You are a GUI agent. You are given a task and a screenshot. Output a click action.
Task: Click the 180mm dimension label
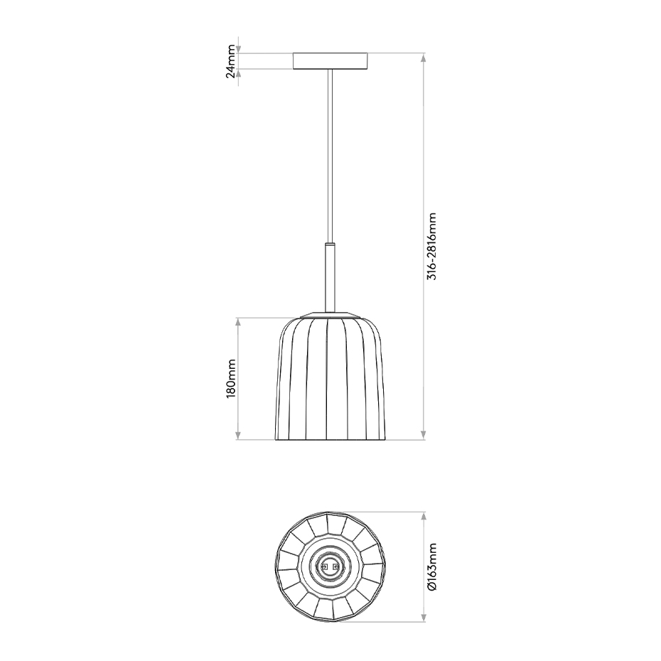(x=230, y=378)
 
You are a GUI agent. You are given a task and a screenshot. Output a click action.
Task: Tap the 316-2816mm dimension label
(x=432, y=246)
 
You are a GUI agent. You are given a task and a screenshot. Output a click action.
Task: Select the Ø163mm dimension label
(x=432, y=566)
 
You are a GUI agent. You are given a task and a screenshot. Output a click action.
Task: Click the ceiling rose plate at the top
(x=330, y=60)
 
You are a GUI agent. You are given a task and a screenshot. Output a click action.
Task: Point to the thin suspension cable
(x=330, y=155)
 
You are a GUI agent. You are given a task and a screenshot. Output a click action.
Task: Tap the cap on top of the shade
(x=330, y=314)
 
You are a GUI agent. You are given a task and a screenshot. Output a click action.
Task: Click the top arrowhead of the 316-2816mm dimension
(x=424, y=58)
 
